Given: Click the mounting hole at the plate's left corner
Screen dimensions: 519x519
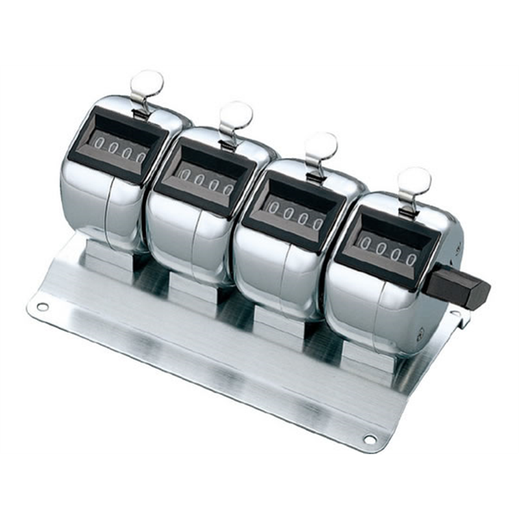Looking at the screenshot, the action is click(x=42, y=306).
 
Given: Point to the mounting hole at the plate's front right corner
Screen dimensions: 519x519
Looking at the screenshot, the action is click(x=369, y=439).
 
